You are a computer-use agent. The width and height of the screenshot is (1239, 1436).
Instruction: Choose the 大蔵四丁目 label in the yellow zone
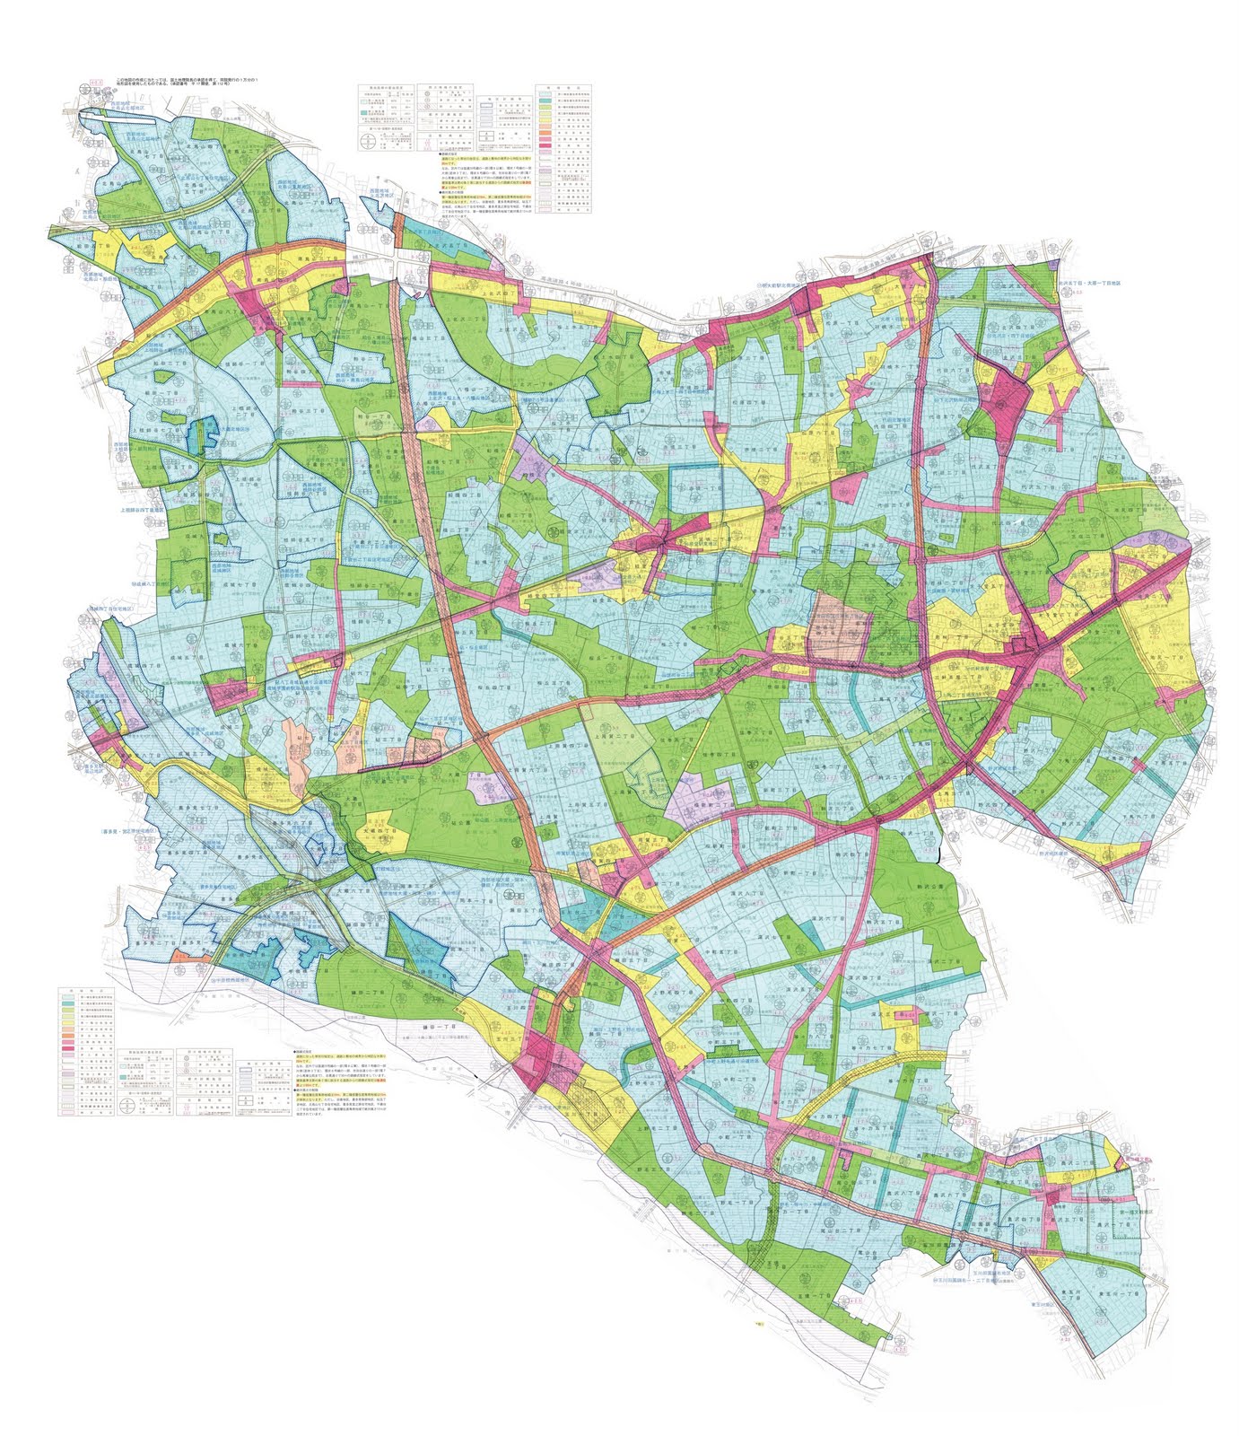(x=388, y=841)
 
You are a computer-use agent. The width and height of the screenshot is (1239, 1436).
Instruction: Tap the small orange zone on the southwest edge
(x=180, y=958)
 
